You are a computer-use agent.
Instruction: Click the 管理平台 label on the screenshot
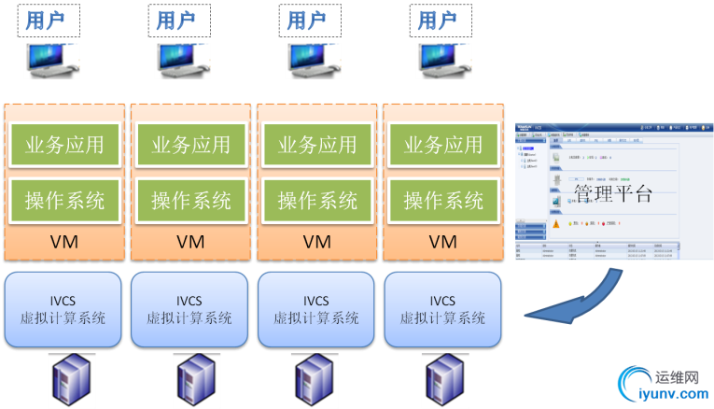(612, 194)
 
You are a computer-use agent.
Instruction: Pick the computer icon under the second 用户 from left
(181, 58)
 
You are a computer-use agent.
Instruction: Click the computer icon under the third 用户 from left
(312, 58)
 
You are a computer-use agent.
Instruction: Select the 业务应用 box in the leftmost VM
(64, 145)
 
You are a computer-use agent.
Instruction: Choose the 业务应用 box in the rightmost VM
(443, 145)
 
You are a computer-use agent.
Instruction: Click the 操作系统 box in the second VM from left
(191, 200)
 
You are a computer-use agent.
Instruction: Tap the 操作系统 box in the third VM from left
(317, 200)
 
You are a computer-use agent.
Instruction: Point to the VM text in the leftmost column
(64, 242)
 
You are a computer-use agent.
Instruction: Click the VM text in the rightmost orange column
(443, 242)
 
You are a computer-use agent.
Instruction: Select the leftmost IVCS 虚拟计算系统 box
(63, 309)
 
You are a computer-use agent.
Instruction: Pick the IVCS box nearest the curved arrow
(442, 309)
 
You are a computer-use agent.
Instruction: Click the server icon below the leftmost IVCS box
(67, 379)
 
